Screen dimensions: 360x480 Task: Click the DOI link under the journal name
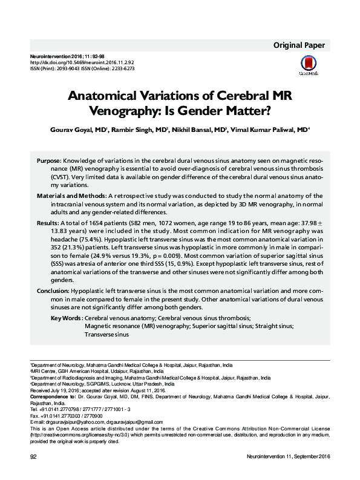(x=71, y=62)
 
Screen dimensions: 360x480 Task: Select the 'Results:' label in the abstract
(x=47, y=223)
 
